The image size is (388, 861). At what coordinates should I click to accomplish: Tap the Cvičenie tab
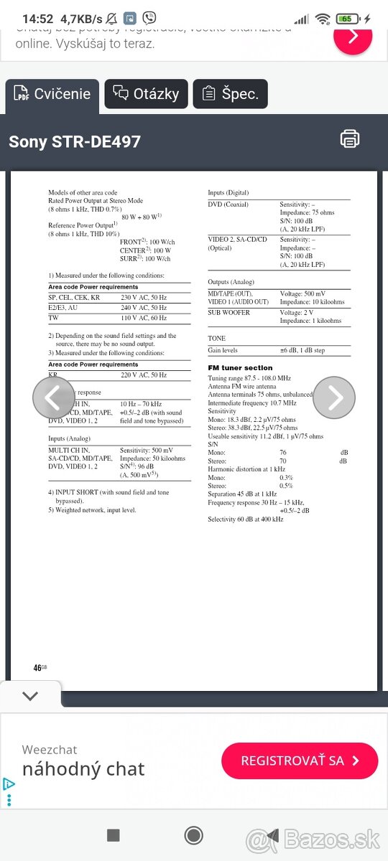point(52,94)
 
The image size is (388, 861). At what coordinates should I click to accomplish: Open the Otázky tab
point(147,94)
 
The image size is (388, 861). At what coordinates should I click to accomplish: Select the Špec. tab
point(230,94)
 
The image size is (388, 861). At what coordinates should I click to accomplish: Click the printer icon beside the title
point(350,139)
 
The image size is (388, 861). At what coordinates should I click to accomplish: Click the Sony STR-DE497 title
point(75,141)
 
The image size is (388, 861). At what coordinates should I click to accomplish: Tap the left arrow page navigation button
point(53,397)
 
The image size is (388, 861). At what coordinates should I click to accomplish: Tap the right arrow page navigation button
point(334,397)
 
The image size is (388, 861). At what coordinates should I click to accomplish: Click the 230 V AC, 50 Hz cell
point(143,297)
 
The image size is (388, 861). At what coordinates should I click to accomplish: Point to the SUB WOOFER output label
point(228,313)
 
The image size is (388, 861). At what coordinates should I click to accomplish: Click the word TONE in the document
point(216,339)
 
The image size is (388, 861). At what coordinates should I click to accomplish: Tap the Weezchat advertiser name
point(50,750)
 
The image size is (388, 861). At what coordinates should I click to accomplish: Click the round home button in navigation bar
point(194,834)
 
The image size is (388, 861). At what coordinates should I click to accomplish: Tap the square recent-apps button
point(113,834)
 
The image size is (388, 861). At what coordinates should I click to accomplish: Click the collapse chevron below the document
point(30,695)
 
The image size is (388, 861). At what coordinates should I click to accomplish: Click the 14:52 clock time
point(38,19)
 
